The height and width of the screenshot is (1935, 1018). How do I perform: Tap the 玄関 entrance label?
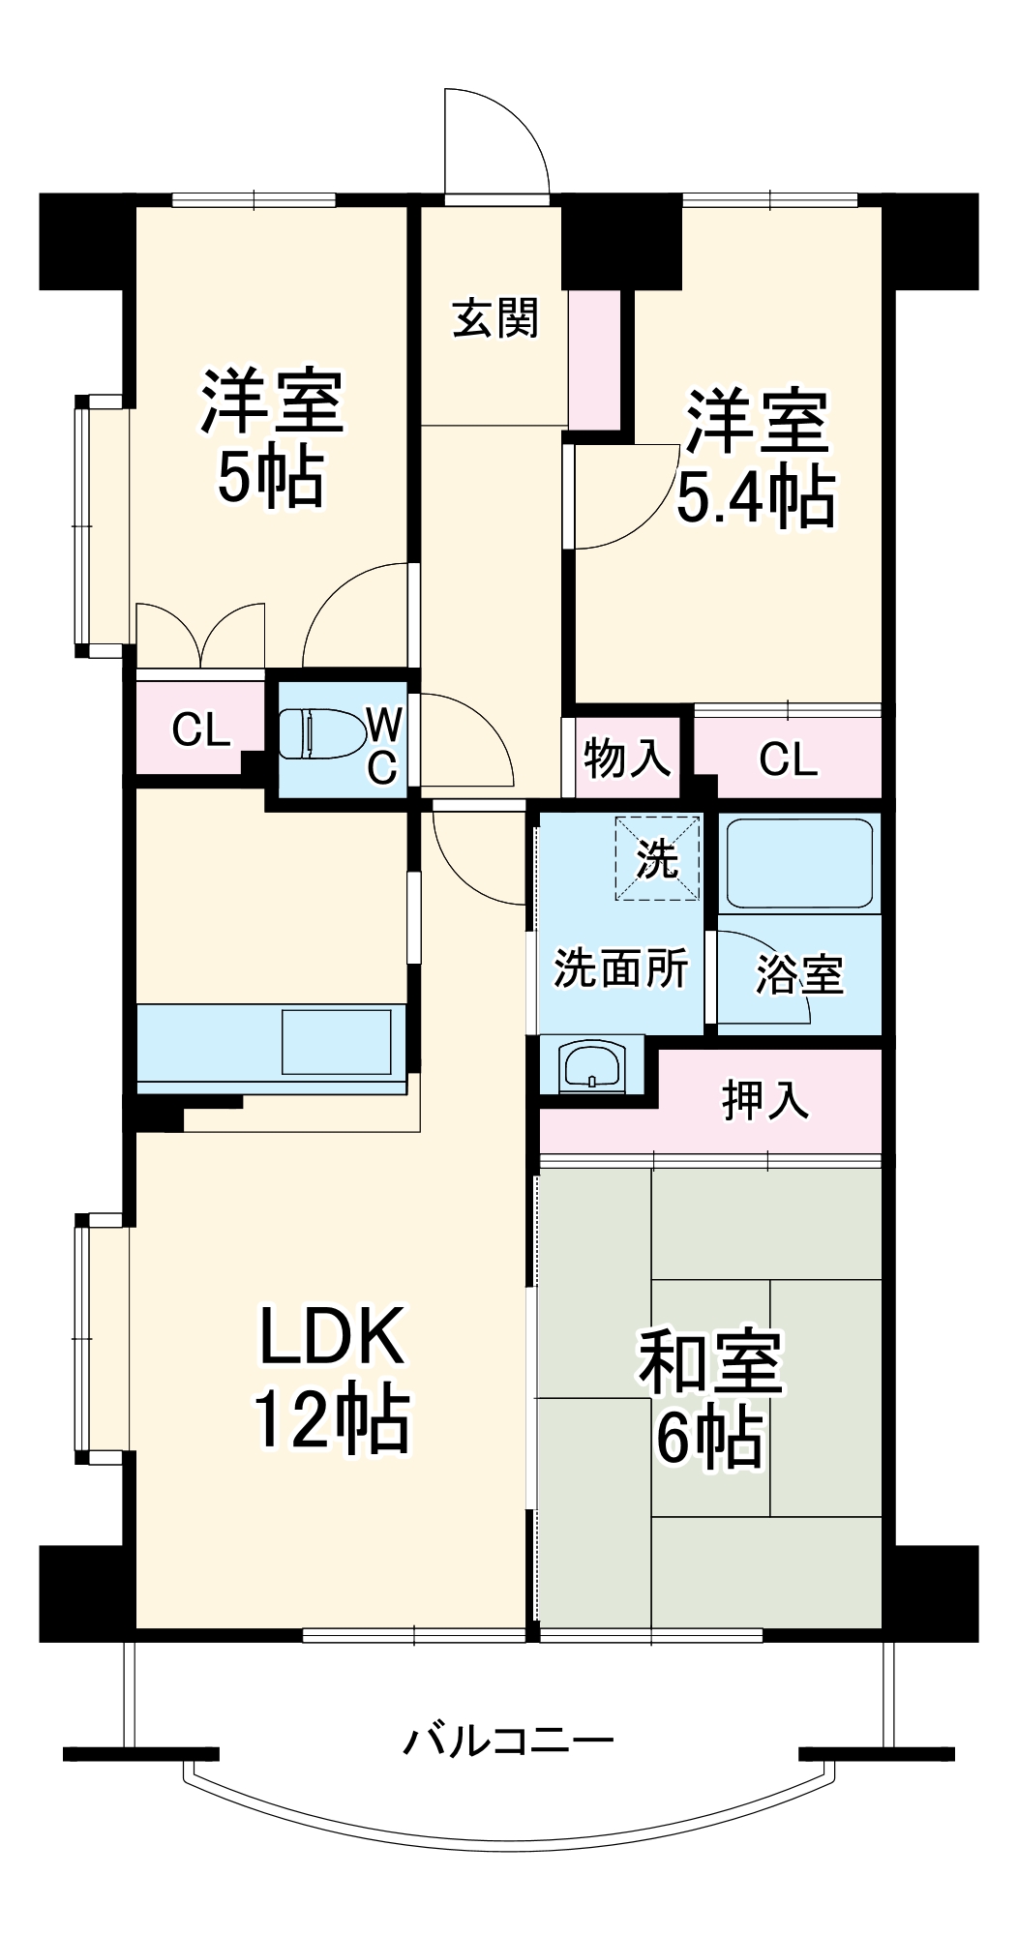[495, 318]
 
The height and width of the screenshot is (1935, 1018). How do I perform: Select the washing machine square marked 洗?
[657, 858]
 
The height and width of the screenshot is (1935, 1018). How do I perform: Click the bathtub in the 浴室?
[799, 862]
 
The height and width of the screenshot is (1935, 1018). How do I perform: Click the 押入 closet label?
[765, 1100]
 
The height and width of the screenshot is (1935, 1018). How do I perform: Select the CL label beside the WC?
[200, 729]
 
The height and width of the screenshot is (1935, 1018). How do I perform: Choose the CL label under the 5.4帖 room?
[788, 759]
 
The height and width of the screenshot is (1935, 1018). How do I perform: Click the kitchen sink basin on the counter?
[336, 1041]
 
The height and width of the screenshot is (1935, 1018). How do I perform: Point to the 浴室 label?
[799, 974]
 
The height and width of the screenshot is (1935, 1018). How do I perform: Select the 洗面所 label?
[620, 967]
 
